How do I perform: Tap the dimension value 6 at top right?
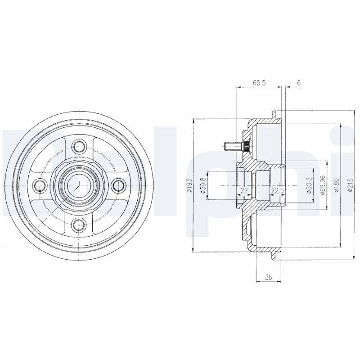pos(298,83)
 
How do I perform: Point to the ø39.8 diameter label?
pos(203,185)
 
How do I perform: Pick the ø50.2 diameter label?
pos(310,185)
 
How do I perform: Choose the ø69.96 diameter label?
pos(322,185)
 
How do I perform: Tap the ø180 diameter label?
pos(337,185)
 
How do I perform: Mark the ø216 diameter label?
pos(350,185)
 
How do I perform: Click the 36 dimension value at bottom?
pos(268,277)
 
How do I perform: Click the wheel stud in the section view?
pos(232,146)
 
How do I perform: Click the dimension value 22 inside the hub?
pos(244,191)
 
